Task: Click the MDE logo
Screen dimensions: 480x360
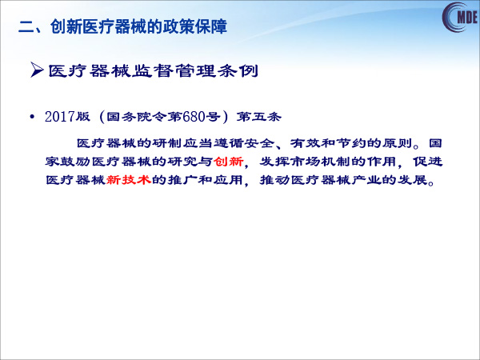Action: point(461,17)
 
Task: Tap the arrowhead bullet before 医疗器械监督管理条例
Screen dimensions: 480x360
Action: point(37,70)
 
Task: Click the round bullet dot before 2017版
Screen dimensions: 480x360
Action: point(31,117)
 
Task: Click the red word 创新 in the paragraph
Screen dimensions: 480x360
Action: point(229,162)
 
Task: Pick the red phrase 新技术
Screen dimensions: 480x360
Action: point(129,180)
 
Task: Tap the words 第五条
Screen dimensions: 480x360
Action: point(258,117)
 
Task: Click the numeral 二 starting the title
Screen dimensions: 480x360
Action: point(26,26)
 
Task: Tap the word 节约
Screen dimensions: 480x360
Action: point(351,143)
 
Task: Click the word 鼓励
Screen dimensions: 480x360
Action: point(76,162)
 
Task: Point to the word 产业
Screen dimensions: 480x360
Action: point(366,180)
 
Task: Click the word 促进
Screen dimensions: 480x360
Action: point(428,162)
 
